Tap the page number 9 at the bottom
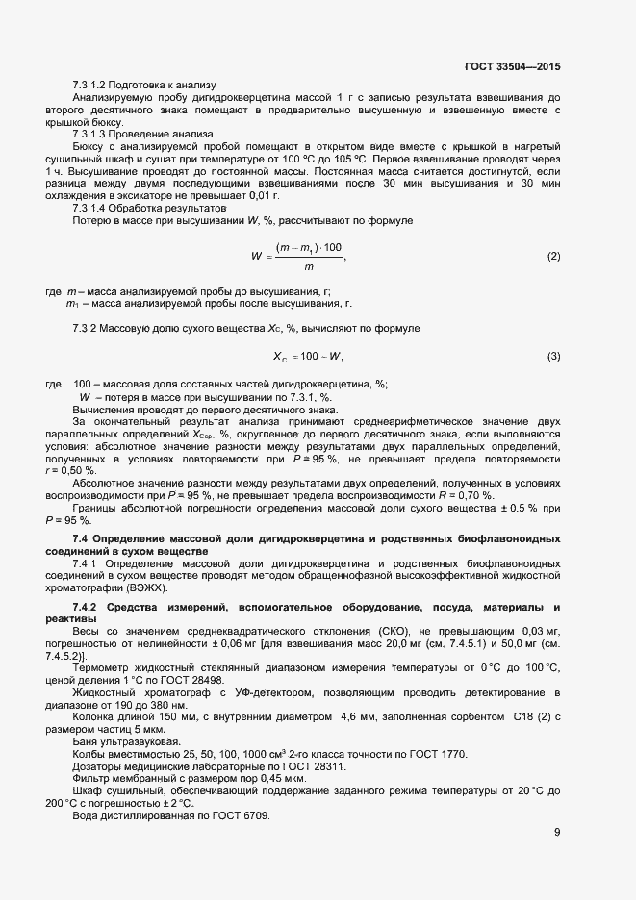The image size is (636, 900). [x=557, y=833]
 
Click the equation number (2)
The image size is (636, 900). [x=553, y=257]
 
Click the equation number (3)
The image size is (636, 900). [x=553, y=357]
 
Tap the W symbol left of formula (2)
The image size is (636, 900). [x=257, y=257]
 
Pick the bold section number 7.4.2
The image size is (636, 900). [x=86, y=607]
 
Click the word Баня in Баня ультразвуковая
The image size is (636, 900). [x=86, y=740]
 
